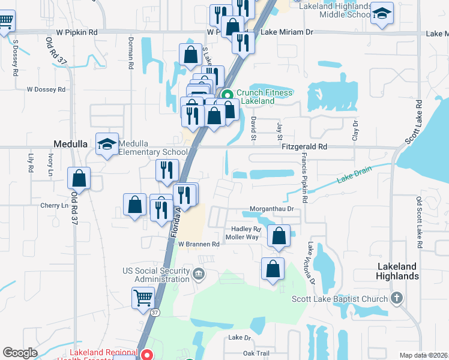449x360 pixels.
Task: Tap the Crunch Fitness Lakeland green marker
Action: (x=228, y=95)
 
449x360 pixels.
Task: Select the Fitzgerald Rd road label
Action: (x=306, y=146)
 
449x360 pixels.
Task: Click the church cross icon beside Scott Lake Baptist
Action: (x=396, y=298)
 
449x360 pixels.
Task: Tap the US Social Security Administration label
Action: (x=155, y=275)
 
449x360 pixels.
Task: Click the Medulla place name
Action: (x=71, y=145)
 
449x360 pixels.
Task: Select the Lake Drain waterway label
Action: (x=354, y=173)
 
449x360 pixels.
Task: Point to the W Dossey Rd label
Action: (x=46, y=89)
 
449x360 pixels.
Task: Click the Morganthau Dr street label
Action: (x=271, y=209)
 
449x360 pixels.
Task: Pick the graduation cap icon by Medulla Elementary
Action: (x=107, y=145)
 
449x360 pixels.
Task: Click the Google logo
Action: (x=20, y=353)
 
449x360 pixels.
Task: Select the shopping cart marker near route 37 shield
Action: (x=143, y=297)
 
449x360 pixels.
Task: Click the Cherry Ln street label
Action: (x=54, y=205)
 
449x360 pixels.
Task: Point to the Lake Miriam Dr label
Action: (x=287, y=34)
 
